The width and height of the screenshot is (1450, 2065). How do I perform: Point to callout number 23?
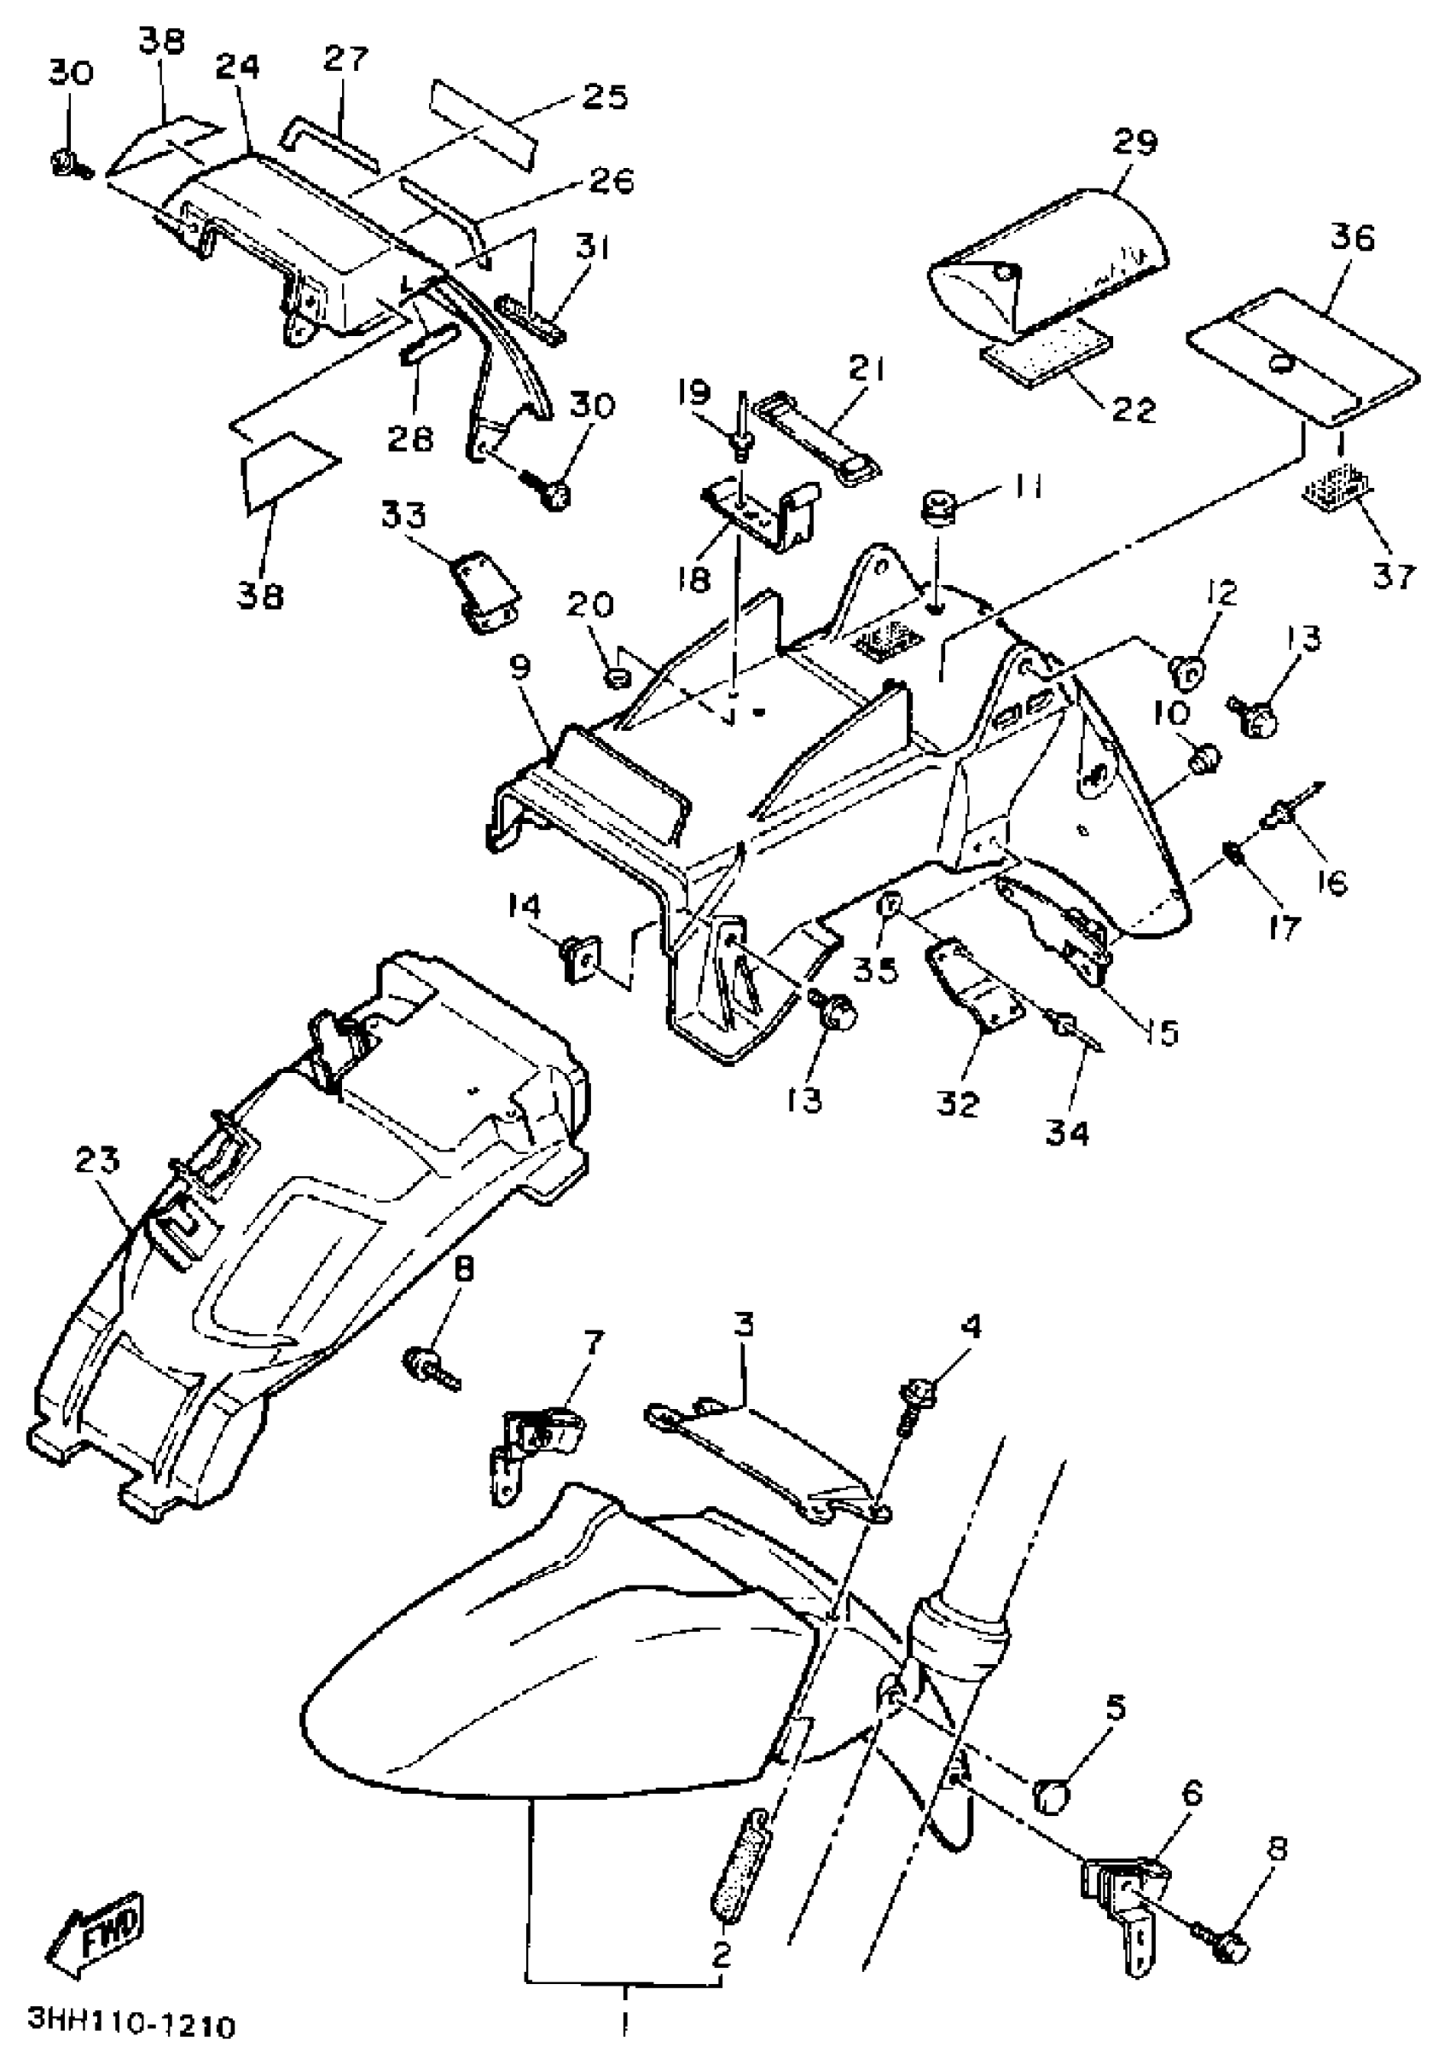pos(97,1161)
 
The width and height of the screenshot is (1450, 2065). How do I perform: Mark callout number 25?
pos(604,96)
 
